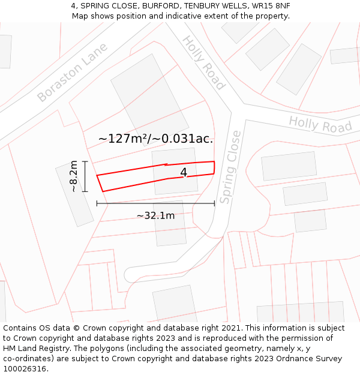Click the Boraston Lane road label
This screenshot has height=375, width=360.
pyautogui.click(x=72, y=73)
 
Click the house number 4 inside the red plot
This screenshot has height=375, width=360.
pyautogui.click(x=184, y=173)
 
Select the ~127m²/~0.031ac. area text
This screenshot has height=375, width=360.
pyautogui.click(x=155, y=139)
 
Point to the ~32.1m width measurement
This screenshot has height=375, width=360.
pyautogui.click(x=155, y=215)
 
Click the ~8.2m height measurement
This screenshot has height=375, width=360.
pyautogui.click(x=74, y=176)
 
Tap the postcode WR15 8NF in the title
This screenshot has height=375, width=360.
pyautogui.click(x=271, y=6)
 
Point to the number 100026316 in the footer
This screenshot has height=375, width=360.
pyautogui.click(x=25, y=369)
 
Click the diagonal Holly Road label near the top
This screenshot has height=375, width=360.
pyautogui.click(x=203, y=62)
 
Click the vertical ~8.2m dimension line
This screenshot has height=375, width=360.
pyautogui.click(x=85, y=176)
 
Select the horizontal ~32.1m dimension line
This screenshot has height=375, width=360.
pyautogui.click(x=155, y=204)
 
